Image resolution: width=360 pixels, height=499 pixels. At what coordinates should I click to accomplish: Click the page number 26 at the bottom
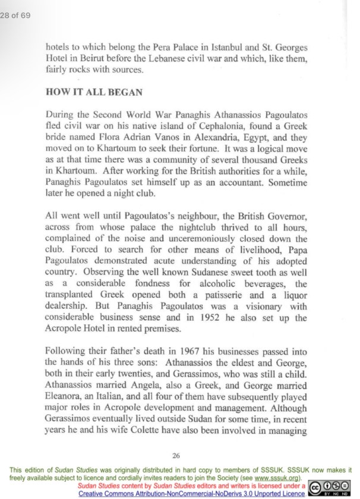[176, 456]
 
